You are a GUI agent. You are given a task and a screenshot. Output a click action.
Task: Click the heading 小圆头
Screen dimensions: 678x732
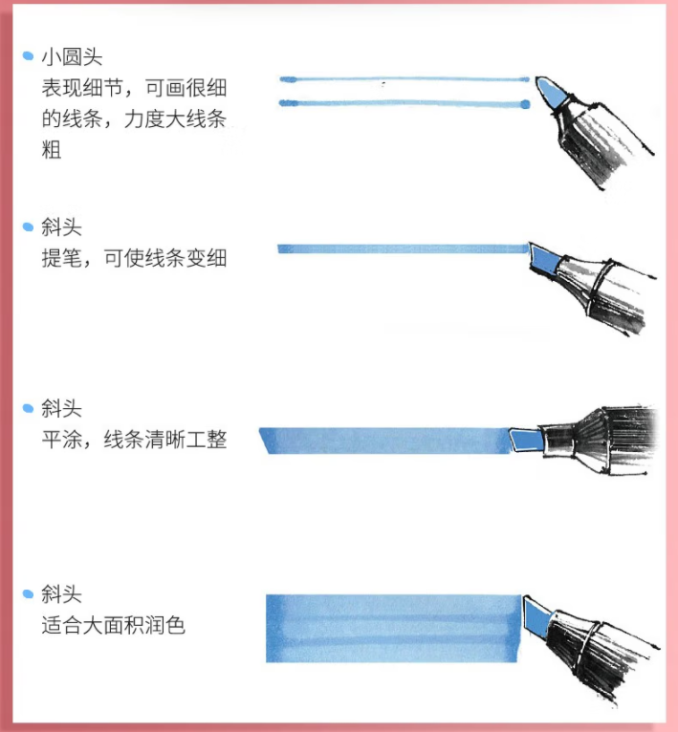pyautogui.click(x=72, y=57)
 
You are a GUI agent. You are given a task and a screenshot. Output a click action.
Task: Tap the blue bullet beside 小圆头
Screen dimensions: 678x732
pyautogui.click(x=28, y=56)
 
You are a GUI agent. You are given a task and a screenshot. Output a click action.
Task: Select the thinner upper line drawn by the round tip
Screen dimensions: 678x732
pyautogui.click(x=405, y=79)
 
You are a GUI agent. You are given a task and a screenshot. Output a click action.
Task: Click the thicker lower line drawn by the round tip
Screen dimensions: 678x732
pyautogui.click(x=405, y=103)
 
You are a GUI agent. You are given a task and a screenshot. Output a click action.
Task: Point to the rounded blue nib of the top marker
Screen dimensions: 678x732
pyautogui.click(x=552, y=93)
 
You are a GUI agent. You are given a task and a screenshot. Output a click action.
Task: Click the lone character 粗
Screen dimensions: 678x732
pyautogui.click(x=52, y=150)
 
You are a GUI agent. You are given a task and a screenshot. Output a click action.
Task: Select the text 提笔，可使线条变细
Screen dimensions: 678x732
pyautogui.click(x=134, y=258)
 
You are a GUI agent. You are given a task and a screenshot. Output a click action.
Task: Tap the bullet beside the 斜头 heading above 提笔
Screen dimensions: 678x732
pyautogui.click(x=28, y=226)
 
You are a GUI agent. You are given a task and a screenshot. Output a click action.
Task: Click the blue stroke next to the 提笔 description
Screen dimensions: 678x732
pyautogui.click(x=403, y=248)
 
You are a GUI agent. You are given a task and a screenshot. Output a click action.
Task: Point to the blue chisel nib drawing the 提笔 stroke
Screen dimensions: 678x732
pyautogui.click(x=544, y=258)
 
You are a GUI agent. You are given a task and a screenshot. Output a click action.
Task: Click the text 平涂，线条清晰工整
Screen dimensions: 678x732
pyautogui.click(x=134, y=440)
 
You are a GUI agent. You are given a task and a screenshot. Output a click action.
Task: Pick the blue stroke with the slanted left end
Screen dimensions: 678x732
pyautogui.click(x=386, y=441)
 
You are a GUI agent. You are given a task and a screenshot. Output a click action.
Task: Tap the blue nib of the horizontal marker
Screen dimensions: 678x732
pyautogui.click(x=527, y=440)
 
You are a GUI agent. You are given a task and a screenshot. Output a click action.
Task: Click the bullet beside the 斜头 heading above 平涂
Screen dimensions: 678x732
pyautogui.click(x=28, y=408)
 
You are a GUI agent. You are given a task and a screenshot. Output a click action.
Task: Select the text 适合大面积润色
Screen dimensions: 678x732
pyautogui.click(x=114, y=625)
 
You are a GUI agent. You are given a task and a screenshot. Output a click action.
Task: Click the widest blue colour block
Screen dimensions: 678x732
pyautogui.click(x=393, y=629)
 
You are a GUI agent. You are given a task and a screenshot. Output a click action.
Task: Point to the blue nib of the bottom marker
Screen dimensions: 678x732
pyautogui.click(x=536, y=615)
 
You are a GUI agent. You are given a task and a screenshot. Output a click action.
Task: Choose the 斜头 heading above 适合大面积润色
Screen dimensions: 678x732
pyautogui.click(x=61, y=594)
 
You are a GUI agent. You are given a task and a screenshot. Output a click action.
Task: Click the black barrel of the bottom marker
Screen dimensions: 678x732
pyautogui.click(x=589, y=658)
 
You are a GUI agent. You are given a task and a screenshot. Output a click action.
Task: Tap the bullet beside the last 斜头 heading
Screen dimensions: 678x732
pyautogui.click(x=28, y=593)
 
